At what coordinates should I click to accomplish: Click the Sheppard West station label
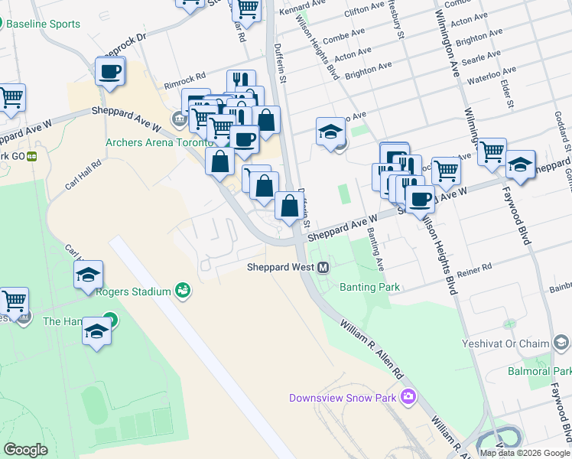point(281,267)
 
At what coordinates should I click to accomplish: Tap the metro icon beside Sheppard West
point(323,267)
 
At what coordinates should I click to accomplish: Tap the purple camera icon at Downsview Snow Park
point(408,396)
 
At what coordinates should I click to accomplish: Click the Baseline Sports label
point(43,24)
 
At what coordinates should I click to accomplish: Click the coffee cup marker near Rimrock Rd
point(110,72)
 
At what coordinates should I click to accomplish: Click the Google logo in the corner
point(25,449)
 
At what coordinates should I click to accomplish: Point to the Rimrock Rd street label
point(185,77)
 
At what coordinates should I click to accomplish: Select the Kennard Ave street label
point(297,10)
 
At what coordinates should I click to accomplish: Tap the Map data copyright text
point(524,452)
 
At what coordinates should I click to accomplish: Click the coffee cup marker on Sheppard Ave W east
point(419,199)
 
